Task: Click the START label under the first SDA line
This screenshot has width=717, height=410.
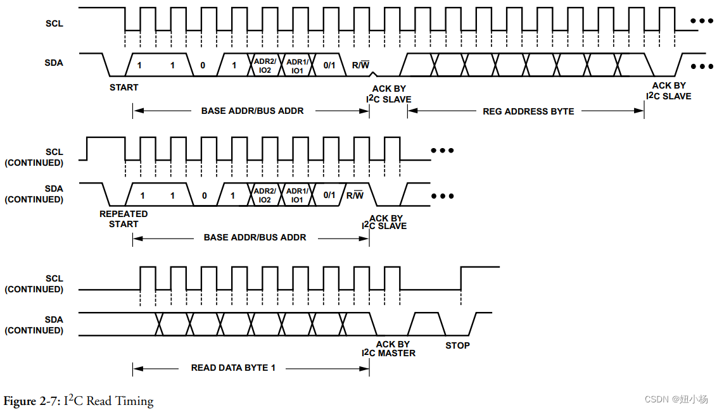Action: pos(124,87)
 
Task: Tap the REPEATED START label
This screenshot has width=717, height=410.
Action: pos(124,219)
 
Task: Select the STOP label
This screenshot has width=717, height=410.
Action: pos(457,345)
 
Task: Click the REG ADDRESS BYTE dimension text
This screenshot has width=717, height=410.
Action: pos(528,111)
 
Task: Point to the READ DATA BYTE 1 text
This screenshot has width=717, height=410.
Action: pos(233,368)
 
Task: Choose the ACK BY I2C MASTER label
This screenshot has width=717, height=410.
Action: pos(390,349)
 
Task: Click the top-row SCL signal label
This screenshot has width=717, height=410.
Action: pos(54,24)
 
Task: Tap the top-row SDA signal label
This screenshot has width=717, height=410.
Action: pos(54,63)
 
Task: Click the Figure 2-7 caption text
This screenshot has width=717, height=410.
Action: pos(79,401)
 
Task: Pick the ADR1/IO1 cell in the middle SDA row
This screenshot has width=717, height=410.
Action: pos(296,196)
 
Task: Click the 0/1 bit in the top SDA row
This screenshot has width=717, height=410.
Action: pos(329,65)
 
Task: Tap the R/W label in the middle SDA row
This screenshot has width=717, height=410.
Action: pos(355,195)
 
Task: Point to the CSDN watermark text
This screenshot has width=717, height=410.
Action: pos(676,399)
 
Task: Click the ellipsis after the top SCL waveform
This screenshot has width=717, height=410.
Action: pos(702,22)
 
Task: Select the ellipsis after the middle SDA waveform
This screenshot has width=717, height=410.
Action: pos(442,196)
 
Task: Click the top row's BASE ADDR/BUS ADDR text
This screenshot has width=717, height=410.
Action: pos(252,111)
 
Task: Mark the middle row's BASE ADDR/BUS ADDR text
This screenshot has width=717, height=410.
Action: pos(255,237)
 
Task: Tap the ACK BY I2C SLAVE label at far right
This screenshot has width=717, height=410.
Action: pos(669,91)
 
